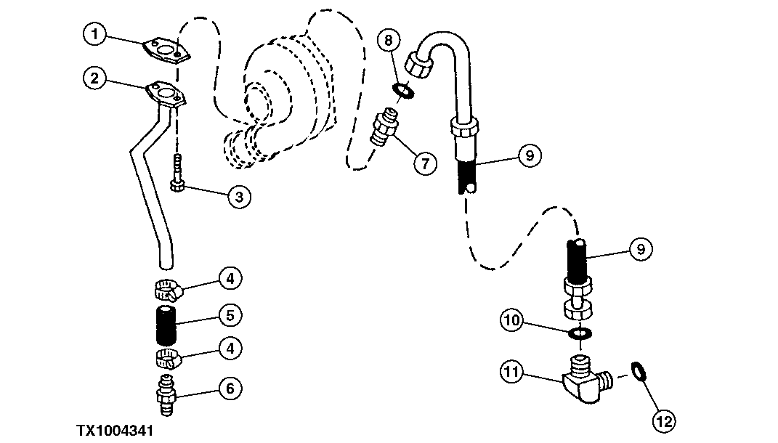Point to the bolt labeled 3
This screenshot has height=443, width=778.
(177, 174)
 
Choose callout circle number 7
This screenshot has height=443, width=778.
(426, 162)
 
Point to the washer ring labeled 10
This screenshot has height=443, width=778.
(579, 333)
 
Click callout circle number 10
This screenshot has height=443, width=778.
(511, 319)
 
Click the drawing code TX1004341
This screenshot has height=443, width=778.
(116, 431)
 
